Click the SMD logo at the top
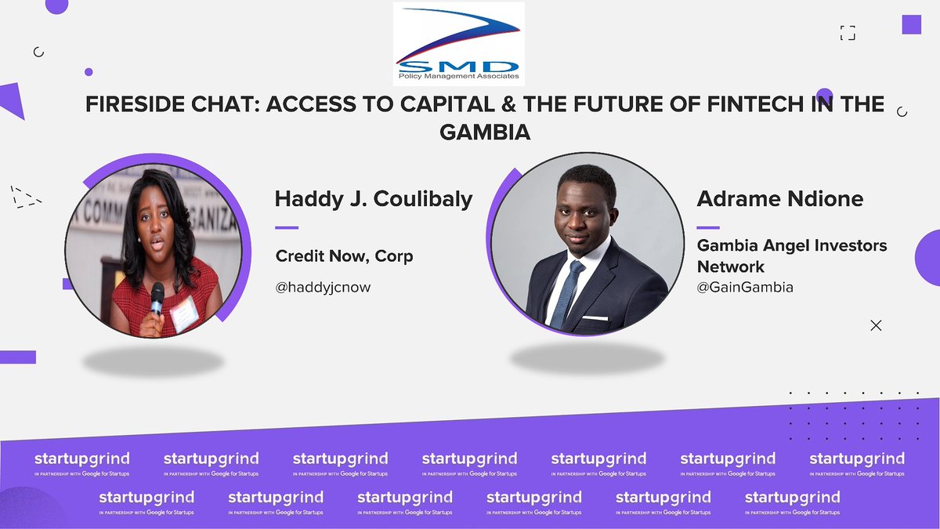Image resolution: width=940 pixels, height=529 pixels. coord(458,43)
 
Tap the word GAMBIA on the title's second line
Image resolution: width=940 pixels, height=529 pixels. coord(485,132)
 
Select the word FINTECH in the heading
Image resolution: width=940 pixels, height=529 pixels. coord(743,105)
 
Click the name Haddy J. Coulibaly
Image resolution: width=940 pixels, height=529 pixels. coord(374,199)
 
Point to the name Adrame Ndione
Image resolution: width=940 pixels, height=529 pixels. coord(780,199)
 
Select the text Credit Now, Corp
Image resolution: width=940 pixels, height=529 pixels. coord(344,256)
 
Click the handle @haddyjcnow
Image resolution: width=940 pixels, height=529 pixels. coord(323,288)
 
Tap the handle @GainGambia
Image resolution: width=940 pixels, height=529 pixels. coord(745,288)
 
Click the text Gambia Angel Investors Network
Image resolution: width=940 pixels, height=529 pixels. coord(791,255)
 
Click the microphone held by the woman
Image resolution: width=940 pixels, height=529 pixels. coord(157,295)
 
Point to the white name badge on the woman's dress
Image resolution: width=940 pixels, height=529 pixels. coord(185,313)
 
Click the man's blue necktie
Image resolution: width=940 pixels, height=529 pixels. coord(566,290)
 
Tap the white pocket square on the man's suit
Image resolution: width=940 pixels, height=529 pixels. coord(596,318)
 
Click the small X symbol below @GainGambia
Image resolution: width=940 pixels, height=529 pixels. coord(876,325)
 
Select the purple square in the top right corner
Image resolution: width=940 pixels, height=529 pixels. coord(911,24)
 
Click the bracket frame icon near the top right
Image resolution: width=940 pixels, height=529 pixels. coord(847,33)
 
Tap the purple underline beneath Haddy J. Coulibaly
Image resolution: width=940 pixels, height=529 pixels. coord(287,227)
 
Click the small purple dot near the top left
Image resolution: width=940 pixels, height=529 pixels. coord(89,72)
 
